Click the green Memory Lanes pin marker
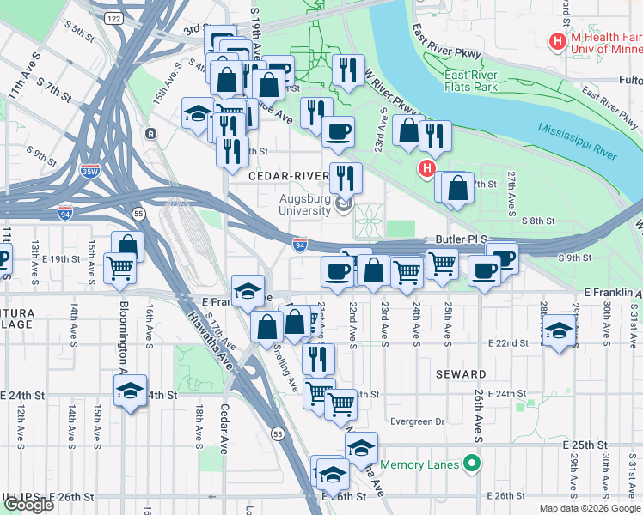pyautogui.click(x=471, y=464)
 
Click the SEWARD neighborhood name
pyautogui.click(x=461, y=374)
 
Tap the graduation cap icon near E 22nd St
pyautogui.click(x=559, y=330)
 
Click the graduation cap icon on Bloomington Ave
pyautogui.click(x=131, y=391)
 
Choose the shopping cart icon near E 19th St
pyautogui.click(x=119, y=266)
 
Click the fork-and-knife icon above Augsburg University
pyautogui.click(x=346, y=177)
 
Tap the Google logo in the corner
pyautogui.click(x=28, y=505)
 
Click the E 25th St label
pyautogui.click(x=585, y=445)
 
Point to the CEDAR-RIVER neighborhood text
pyautogui.click(x=288, y=176)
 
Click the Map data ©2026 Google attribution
pyautogui.click(x=589, y=508)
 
